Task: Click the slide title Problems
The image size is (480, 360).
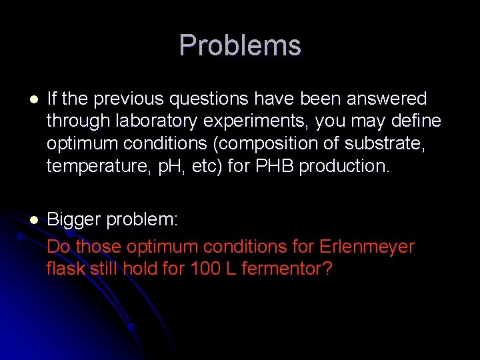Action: point(240,45)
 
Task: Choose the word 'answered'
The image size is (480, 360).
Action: point(389,99)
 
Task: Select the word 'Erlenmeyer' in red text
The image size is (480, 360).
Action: point(367,247)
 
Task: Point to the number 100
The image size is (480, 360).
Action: point(205,270)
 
